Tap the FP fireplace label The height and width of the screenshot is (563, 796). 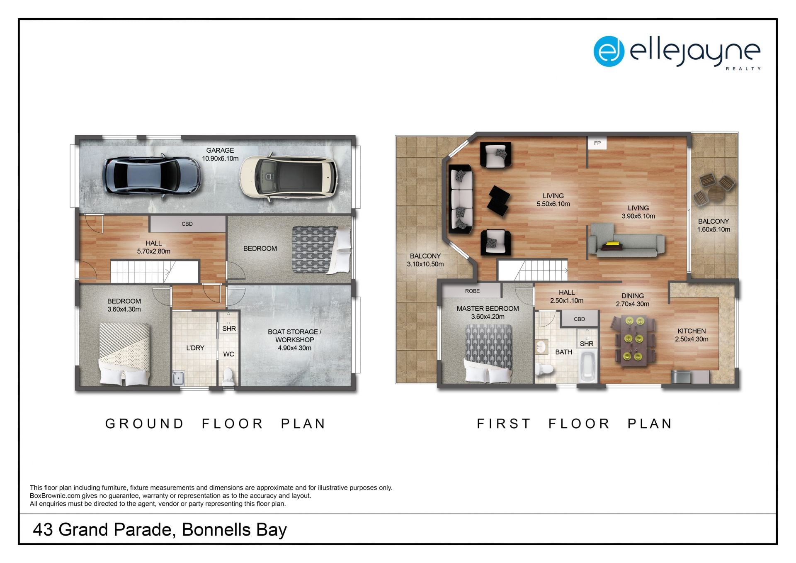[597, 143]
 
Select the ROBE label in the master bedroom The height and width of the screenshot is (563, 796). [472, 291]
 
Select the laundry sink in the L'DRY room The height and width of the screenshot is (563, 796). [178, 378]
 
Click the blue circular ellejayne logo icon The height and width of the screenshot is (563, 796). [609, 51]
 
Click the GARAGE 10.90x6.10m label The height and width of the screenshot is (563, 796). [220, 154]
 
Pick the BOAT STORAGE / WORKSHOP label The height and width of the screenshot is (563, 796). [294, 340]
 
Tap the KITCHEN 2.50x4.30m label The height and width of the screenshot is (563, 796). [692, 335]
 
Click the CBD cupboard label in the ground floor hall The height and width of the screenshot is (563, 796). [187, 224]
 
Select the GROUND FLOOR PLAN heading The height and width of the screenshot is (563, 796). [216, 424]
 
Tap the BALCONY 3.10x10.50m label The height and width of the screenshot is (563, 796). [425, 260]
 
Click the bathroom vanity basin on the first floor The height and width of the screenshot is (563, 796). [541, 347]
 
